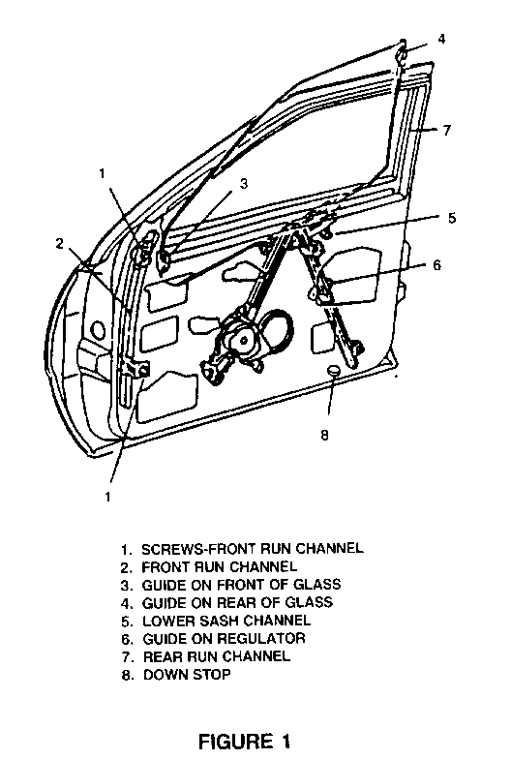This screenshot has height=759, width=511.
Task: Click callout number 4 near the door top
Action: point(441,39)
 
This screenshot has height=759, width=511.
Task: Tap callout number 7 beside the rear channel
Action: point(447,130)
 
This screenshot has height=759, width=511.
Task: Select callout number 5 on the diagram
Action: point(451,218)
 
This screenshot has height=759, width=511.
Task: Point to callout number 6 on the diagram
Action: point(437,265)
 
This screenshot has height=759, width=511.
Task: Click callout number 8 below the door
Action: point(324,436)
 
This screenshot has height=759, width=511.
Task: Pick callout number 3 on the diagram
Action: point(244,184)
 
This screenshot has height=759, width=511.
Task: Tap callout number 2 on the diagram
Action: point(60,244)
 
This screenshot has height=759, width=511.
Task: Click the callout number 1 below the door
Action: point(107,496)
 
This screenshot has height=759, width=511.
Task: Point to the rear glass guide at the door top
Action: point(401,53)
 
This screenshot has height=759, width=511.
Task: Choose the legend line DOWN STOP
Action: point(187,674)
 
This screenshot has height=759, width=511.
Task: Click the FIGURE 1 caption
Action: point(245,742)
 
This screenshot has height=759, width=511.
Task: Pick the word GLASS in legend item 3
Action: point(317,585)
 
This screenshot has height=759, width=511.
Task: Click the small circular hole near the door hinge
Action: point(97,329)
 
